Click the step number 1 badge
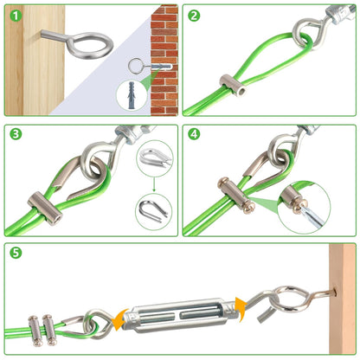14,15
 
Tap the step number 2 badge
194,15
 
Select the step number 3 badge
14,135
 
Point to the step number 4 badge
194,135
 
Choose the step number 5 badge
14,254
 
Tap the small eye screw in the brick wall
138,65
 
